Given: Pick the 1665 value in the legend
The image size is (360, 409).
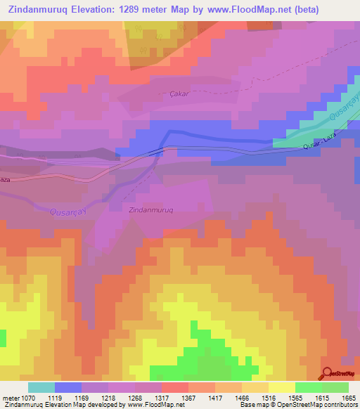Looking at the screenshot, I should coord(349,398).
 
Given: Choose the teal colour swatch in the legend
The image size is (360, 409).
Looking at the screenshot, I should coord(41,387).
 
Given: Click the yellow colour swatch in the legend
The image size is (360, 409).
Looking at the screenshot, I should coord(282,387).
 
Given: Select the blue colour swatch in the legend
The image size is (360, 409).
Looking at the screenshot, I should coord(68,387).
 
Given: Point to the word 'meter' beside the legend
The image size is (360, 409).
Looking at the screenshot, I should coord(9,398).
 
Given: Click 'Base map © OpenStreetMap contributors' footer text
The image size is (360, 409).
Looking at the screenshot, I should coord(298,405).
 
